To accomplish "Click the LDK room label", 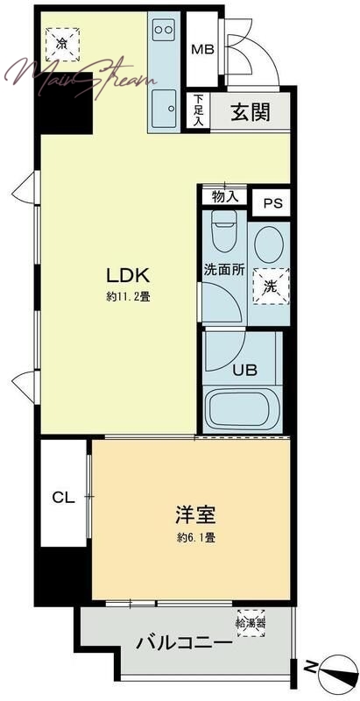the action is pyautogui.click(x=127, y=275).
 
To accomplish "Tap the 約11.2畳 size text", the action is pyautogui.click(x=128, y=296).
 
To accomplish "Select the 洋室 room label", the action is pyautogui.click(x=196, y=514).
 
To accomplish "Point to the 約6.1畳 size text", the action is pyautogui.click(x=195, y=537).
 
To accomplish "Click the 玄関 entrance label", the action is pyautogui.click(x=251, y=111).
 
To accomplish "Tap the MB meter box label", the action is pyautogui.click(x=202, y=49).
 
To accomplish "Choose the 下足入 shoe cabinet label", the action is pyautogui.click(x=198, y=111).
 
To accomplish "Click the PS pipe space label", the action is pyautogui.click(x=272, y=203).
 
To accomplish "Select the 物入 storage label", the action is pyautogui.click(x=222, y=196).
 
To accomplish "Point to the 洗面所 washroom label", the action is pyautogui.click(x=224, y=270).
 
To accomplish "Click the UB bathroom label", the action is pyautogui.click(x=244, y=370).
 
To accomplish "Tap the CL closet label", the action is pyautogui.click(x=63, y=497).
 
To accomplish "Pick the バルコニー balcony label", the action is pyautogui.click(x=185, y=644).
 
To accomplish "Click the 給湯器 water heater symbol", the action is pyautogui.click(x=251, y=623).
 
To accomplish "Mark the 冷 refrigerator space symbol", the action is pyautogui.click(x=62, y=44).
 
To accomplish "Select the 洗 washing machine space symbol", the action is pyautogui.click(x=272, y=287).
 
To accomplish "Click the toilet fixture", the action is pyautogui.click(x=223, y=231).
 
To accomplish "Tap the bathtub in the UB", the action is pyautogui.click(x=242, y=409).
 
